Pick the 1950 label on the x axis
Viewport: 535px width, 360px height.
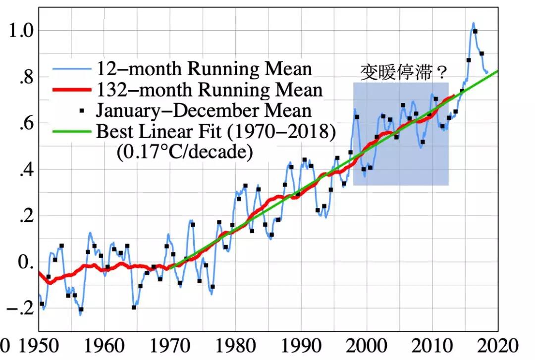(x=39, y=346)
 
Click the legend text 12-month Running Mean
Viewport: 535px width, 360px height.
(x=204, y=68)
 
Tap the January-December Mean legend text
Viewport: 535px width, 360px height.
(x=204, y=110)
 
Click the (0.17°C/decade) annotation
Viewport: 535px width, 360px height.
(x=184, y=152)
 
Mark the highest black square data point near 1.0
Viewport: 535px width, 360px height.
(x=475, y=32)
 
